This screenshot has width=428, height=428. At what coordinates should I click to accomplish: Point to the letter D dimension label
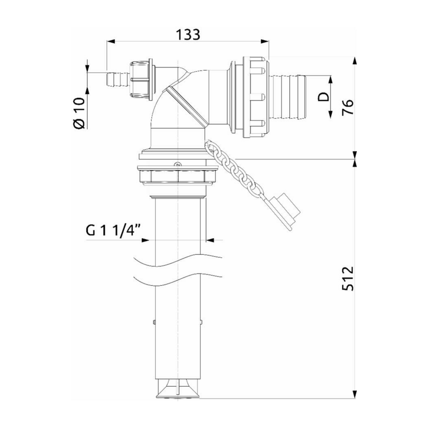(x=323, y=97)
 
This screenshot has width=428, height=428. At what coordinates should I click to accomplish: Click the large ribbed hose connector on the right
(x=287, y=97)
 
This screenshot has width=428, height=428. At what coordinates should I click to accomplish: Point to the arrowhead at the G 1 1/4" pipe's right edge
(x=207, y=240)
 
